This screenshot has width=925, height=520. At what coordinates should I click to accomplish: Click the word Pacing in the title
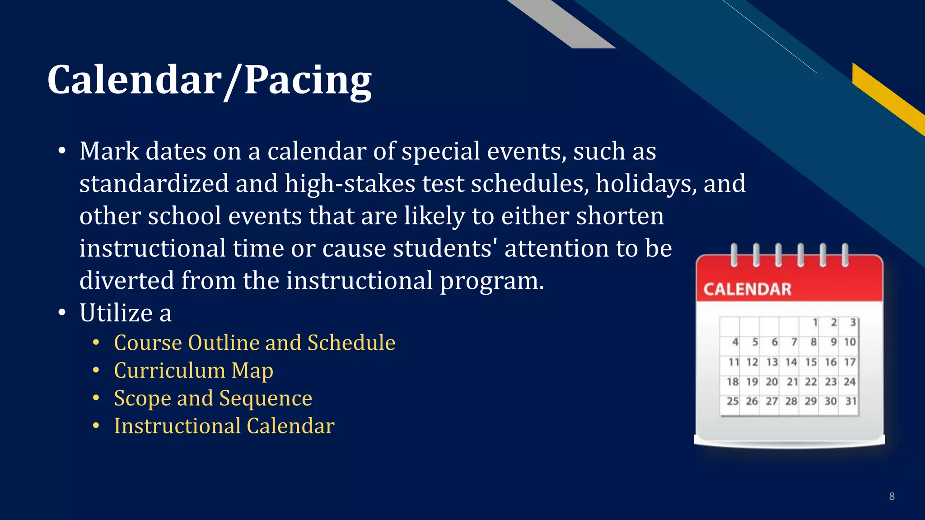308,80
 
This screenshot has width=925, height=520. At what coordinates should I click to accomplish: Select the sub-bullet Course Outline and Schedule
255,343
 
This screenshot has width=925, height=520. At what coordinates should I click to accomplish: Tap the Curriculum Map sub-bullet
193,371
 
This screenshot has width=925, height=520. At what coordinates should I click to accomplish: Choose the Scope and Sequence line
213,399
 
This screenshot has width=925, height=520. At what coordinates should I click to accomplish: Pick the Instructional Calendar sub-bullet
224,426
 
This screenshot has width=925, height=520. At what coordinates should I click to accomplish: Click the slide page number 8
892,497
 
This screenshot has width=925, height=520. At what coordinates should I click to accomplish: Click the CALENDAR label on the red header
747,289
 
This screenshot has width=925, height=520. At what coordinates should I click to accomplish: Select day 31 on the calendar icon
850,401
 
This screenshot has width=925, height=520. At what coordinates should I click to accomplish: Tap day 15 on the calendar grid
811,362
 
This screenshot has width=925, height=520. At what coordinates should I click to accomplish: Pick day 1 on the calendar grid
815,322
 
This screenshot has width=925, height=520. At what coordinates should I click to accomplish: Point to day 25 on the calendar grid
732,401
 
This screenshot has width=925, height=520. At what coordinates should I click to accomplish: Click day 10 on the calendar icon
850,342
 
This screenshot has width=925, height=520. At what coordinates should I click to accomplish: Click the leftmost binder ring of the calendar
734,255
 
